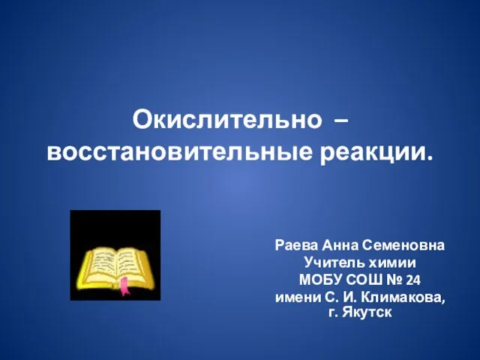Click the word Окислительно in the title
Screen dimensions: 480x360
pos(226,120)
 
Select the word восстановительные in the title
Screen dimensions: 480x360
pos(179,152)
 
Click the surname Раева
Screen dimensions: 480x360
pos(295,245)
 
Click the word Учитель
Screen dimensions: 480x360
pos(334,262)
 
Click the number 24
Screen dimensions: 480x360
pos(413,280)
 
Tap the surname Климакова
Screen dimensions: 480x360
pos(403,298)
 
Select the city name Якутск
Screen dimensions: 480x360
pos(367,313)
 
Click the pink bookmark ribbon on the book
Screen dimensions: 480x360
pos(125,286)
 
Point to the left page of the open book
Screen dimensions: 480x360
pos(101,262)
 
